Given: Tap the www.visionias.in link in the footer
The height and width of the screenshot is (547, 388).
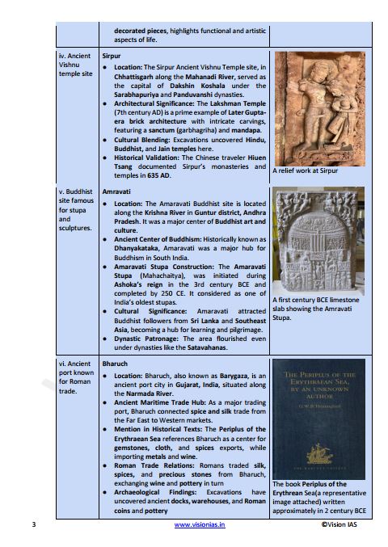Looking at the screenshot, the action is point(198,524).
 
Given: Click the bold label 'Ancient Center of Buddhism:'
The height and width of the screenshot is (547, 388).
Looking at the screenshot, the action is point(160,240).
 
